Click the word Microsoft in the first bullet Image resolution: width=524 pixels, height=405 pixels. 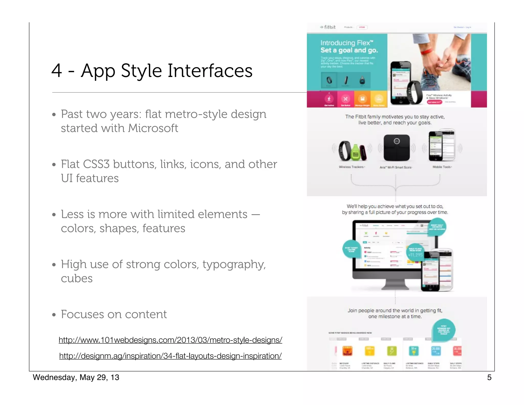[153, 128]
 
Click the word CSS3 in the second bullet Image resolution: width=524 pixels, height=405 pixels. [96, 164]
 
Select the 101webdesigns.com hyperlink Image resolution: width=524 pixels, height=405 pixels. [170, 340]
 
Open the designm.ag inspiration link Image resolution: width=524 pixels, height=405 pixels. [170, 356]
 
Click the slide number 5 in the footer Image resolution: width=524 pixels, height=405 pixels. [489, 377]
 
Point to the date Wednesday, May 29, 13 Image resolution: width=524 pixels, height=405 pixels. [76, 377]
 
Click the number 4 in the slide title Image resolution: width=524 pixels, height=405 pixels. [57, 71]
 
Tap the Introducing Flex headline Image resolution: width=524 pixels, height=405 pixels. [347, 43]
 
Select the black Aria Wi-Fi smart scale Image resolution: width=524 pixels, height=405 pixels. [397, 147]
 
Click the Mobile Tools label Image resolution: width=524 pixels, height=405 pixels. [442, 167]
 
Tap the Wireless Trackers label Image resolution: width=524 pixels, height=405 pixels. [352, 167]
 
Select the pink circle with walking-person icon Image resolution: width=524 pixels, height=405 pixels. [329, 99]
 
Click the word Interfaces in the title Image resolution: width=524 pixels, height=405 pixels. [210, 71]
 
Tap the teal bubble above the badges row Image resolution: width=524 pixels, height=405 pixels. [443, 330]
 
